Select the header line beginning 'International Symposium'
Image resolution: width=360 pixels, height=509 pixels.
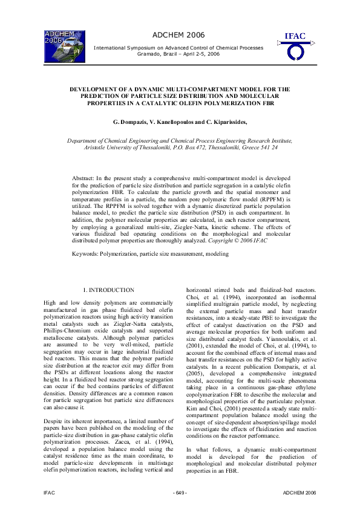(x=178, y=47)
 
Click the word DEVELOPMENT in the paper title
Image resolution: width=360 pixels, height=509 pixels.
(x=100, y=89)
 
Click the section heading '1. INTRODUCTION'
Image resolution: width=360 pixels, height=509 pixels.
(x=108, y=291)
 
